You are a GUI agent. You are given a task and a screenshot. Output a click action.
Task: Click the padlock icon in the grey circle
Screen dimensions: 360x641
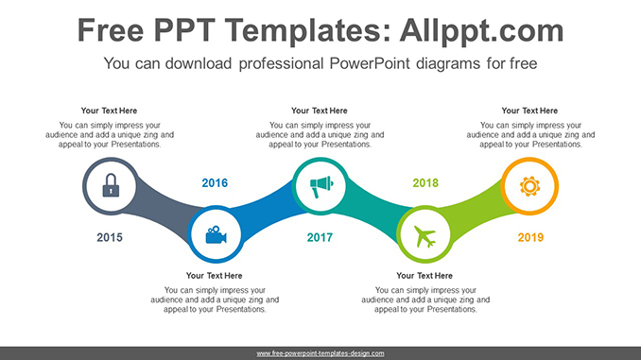point(111,186)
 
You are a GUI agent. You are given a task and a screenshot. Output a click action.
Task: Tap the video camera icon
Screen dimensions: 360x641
point(216,234)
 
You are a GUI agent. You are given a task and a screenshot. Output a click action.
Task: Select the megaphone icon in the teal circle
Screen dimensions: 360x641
point(320,186)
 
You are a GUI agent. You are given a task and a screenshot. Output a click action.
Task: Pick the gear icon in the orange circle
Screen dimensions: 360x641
point(529,186)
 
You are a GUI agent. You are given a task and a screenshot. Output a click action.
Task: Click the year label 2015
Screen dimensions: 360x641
point(110,237)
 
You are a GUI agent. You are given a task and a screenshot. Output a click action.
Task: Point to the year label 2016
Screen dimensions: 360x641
point(215,183)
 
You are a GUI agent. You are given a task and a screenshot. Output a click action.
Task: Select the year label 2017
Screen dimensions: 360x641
point(320,237)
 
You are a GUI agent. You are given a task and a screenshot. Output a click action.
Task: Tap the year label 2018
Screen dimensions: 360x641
point(425,183)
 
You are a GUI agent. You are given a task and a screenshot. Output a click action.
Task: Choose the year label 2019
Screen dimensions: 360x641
point(530,237)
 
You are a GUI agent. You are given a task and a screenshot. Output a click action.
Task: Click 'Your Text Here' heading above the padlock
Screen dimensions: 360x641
point(110,111)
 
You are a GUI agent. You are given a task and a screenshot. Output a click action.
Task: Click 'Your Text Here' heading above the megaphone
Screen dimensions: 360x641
point(320,111)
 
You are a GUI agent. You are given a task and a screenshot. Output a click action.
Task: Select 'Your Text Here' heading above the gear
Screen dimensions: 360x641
point(530,111)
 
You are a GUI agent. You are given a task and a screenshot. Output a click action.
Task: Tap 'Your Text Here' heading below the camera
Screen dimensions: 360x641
point(215,276)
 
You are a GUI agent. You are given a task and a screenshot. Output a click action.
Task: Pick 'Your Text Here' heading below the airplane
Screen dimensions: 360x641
point(424,276)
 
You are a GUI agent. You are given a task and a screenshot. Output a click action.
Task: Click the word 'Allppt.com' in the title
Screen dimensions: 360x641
point(481,31)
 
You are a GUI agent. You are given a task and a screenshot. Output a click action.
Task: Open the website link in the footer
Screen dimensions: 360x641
point(320,352)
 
